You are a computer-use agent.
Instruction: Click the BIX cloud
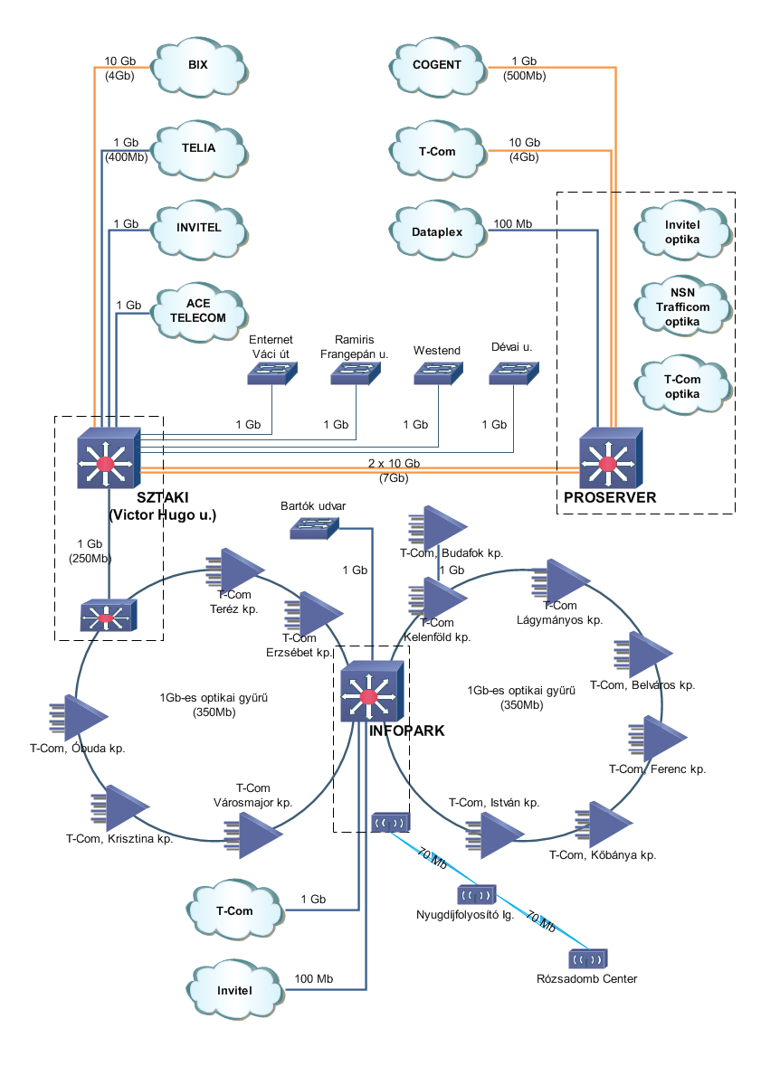tap(197, 65)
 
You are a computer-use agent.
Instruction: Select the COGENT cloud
tap(437, 65)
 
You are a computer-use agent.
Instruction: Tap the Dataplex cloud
tap(437, 231)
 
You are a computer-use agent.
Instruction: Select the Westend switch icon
tap(438, 372)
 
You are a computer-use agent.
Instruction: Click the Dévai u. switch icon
tap(513, 372)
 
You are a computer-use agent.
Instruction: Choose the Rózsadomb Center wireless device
tap(587, 958)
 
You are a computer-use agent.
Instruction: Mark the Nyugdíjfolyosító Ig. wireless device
tap(475, 894)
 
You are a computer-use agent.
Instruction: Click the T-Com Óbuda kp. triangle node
tap(84, 716)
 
